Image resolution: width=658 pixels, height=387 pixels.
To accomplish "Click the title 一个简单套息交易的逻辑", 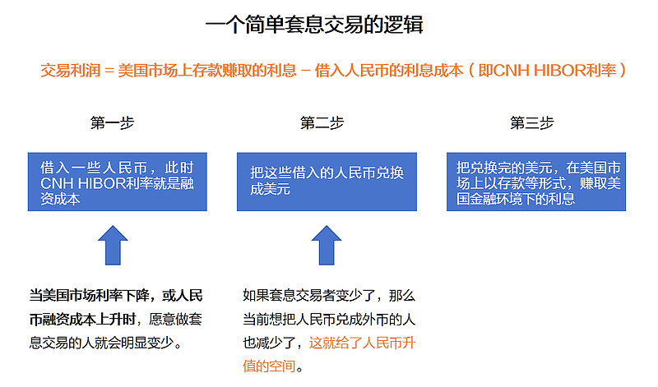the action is click(314, 25).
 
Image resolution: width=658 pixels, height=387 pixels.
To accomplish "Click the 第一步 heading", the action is click(112, 123).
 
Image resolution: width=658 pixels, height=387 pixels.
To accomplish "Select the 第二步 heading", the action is click(322, 123).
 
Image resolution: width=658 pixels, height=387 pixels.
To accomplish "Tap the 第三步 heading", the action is click(531, 123).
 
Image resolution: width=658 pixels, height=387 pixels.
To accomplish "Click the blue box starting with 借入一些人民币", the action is click(118, 182).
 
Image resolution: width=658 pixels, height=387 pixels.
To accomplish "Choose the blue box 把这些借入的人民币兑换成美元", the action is click(327, 182).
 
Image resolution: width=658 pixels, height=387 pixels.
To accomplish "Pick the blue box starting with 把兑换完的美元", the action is click(536, 182).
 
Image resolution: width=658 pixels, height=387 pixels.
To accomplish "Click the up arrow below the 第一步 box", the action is click(113, 246).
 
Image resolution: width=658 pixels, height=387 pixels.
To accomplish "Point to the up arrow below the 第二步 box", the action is click(327, 246).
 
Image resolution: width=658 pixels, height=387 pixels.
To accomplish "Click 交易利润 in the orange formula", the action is click(71, 71).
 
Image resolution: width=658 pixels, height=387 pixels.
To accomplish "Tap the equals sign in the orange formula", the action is click(109, 71).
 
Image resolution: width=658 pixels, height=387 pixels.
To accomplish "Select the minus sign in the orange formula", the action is click(306, 71).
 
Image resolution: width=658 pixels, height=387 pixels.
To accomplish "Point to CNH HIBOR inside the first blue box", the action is click(83, 184).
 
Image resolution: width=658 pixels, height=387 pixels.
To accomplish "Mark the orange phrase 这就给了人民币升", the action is click(362, 343).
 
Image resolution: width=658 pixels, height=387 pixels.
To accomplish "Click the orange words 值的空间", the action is click(269, 366).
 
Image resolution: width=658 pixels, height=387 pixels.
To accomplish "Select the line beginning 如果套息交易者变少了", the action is click(328, 295).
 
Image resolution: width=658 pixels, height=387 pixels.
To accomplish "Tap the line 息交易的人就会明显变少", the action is click(106, 343).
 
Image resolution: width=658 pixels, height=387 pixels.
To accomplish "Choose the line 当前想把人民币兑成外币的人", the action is click(328, 319).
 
